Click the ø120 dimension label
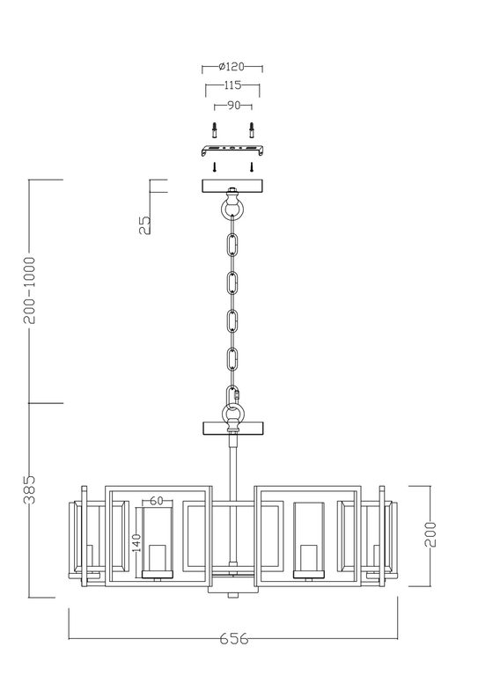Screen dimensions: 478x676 tap(232, 67)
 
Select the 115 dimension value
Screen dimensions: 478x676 tap(232, 85)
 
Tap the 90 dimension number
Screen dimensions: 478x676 tap(233, 106)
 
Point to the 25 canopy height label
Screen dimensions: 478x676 tap(145, 224)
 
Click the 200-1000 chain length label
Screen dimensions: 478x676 tap(30, 290)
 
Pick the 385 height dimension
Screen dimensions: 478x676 tap(29, 489)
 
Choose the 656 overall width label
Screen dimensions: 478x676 tap(233, 638)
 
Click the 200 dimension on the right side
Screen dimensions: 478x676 tap(430, 534)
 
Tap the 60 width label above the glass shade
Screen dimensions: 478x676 tap(157, 501)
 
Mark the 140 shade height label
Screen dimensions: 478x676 tap(136, 543)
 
